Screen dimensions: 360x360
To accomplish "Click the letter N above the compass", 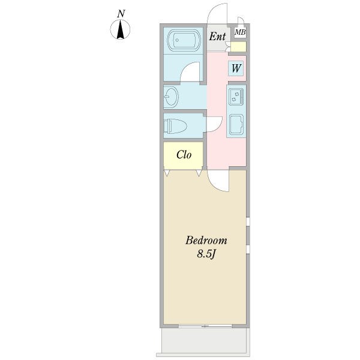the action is pyautogui.click(x=121, y=14).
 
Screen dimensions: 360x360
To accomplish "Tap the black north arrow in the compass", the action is pyautogui.click(x=121, y=29).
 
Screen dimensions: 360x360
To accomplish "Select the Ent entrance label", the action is pyautogui.click(x=217, y=36).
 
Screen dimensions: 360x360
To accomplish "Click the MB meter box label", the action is pyautogui.click(x=240, y=32).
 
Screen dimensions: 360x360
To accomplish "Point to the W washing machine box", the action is pyautogui.click(x=236, y=68).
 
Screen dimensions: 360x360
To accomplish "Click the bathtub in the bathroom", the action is pyautogui.click(x=183, y=40).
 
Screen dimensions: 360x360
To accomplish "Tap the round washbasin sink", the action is pyautogui.click(x=171, y=96).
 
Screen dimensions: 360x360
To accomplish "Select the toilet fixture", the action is pyautogui.click(x=175, y=126).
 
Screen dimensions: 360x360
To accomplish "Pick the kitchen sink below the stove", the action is pyautogui.click(x=236, y=124).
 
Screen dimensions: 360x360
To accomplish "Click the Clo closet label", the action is pyautogui.click(x=184, y=155).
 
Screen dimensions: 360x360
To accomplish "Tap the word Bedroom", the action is pyautogui.click(x=206, y=241).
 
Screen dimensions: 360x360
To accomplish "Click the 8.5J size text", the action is pyautogui.click(x=206, y=254).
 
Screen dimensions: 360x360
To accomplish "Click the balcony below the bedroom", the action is pyautogui.click(x=205, y=341).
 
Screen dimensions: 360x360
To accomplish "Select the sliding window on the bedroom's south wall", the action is pyautogui.click(x=205, y=326).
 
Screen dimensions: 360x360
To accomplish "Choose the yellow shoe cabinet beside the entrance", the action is pyautogui.click(x=238, y=47).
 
